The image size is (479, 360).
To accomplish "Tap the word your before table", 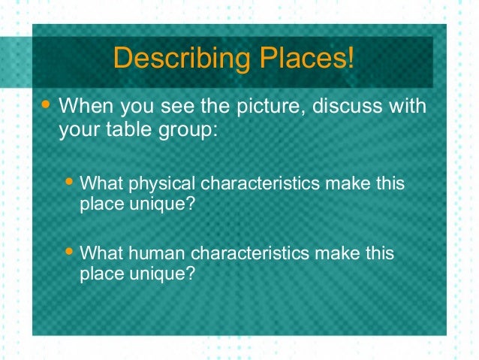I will tap(77, 130).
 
